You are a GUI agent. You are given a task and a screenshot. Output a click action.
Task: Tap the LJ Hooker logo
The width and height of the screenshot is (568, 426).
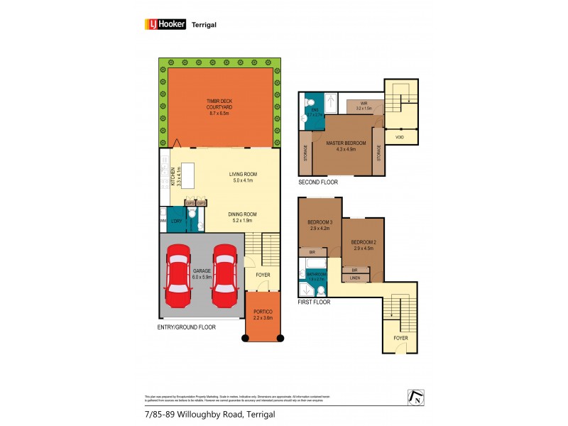pos(165,23)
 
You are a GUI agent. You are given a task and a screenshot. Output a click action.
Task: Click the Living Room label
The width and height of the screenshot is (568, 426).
pos(243,177)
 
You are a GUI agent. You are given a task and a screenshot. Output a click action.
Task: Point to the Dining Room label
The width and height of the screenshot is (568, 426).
pos(242,217)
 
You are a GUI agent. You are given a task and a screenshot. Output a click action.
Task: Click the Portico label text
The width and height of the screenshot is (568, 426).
pos(263,315)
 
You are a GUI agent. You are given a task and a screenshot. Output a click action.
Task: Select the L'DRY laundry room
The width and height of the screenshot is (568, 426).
pos(176,220)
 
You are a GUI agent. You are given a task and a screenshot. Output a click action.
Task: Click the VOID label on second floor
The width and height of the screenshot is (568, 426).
pos(400,136)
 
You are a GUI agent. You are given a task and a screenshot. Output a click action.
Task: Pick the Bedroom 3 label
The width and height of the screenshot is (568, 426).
pos(319,226)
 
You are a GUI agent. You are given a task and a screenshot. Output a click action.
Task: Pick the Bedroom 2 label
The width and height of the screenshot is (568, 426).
pos(363,246)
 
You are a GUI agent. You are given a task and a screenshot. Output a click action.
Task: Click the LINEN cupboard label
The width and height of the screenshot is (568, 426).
pos(356,278)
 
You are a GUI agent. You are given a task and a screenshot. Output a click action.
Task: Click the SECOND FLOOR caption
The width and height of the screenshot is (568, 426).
pos(317,182)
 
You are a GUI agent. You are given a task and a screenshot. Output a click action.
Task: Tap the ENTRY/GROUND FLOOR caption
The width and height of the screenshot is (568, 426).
pos(186,327)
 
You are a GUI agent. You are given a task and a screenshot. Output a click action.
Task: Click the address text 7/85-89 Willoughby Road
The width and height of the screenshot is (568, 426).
pos(204,414)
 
